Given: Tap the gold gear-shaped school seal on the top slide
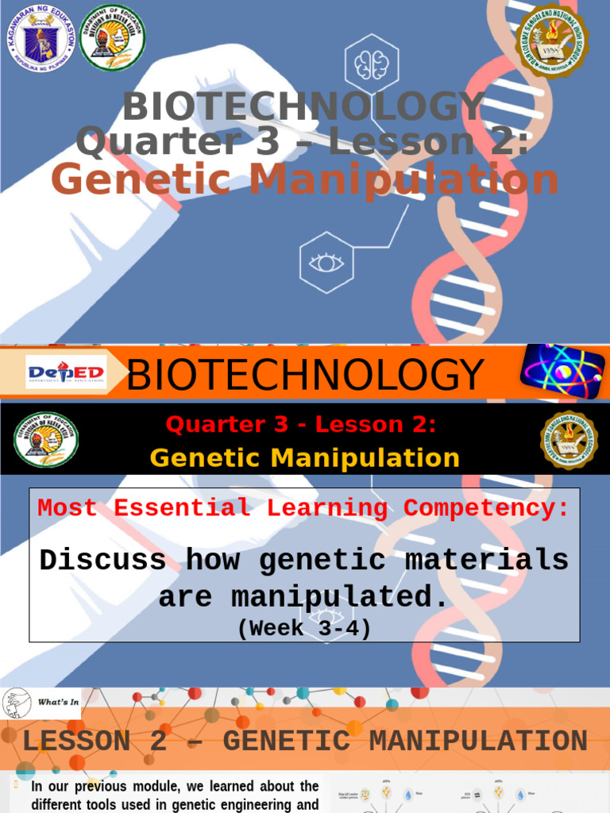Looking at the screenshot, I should [x=551, y=40].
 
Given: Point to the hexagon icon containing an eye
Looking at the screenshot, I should [x=326, y=262].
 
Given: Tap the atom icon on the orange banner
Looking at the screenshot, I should [x=562, y=372].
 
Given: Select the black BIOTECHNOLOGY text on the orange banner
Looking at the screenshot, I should [x=305, y=375].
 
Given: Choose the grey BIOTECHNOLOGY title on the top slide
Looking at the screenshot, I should [x=303, y=107].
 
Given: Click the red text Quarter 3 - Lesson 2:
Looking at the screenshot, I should [x=301, y=425].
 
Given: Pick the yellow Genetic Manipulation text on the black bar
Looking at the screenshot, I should [x=304, y=458].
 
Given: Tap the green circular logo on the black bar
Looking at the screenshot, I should [x=46, y=439].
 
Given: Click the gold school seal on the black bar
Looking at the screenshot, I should [x=569, y=439].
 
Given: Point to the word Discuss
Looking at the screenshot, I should [x=103, y=561].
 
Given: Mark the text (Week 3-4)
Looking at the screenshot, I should [x=304, y=628].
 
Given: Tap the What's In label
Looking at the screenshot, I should [x=58, y=702].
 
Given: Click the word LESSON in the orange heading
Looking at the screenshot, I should [x=77, y=742].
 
